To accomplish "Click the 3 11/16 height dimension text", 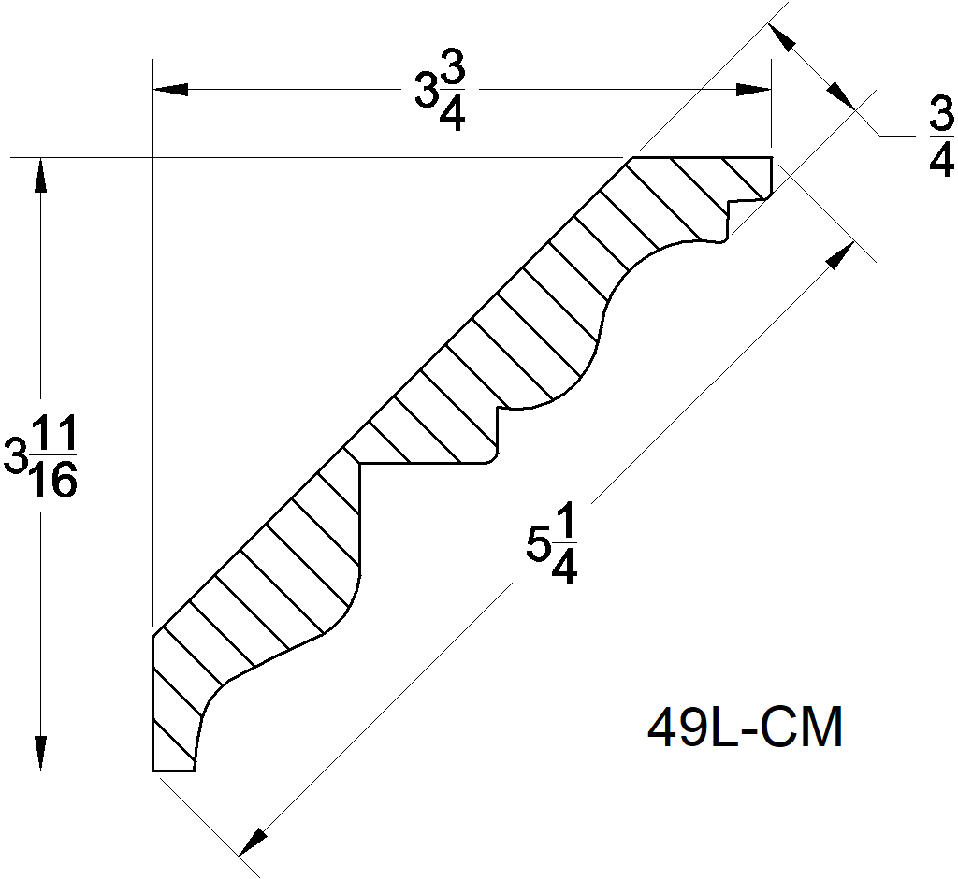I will pyautogui.click(x=43, y=458).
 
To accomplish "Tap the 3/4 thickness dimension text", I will pyautogui.click(x=940, y=138).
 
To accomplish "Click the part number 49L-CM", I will pyautogui.click(x=745, y=728).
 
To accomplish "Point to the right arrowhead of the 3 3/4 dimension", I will pyautogui.click(x=754, y=90).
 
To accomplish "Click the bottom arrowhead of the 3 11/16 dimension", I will pyautogui.click(x=39, y=754).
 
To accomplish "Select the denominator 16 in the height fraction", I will pyautogui.click(x=53, y=480).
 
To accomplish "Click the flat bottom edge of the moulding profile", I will pyautogui.click(x=174, y=771).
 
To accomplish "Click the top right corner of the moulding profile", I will pyautogui.click(x=770, y=159).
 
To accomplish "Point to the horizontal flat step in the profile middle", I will pyautogui.click(x=426, y=463).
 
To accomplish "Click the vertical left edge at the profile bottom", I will pyautogui.click(x=152, y=701).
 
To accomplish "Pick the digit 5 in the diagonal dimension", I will pyautogui.click(x=537, y=543).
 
